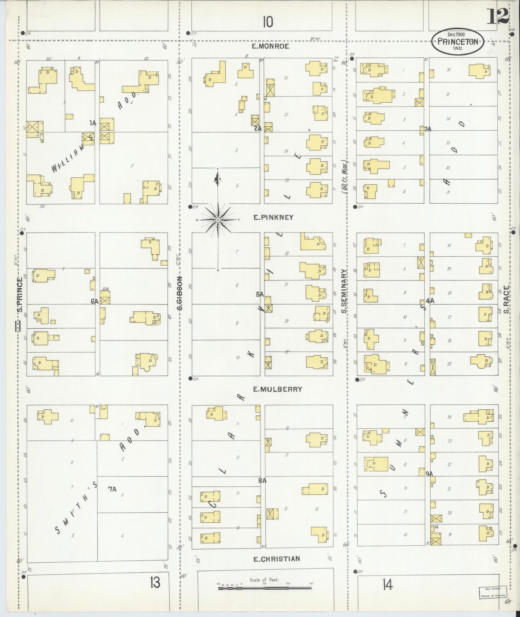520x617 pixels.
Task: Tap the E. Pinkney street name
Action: pos(273,217)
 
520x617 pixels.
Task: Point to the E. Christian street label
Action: pos(276,559)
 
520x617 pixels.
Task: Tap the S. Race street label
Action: pos(507,299)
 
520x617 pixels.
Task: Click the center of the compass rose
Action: pos(218,219)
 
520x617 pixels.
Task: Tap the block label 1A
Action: pos(93,123)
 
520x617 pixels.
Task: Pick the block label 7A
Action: pos(112,489)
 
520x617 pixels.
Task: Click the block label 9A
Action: pos(429,474)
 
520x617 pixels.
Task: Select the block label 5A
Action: pos(260,294)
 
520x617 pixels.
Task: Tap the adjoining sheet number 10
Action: pos(267,23)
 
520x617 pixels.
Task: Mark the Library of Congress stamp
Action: pos(492,593)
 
